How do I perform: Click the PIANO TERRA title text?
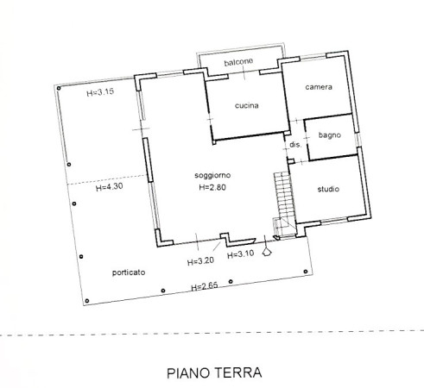[214, 372]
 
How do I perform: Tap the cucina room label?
[247, 105]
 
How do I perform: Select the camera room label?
[319, 87]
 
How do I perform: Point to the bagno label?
[330, 135]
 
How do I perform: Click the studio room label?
[328, 189]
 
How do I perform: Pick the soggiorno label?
[212, 175]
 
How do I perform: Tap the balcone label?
[238, 62]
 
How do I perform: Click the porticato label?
[129, 272]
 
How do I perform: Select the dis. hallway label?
[295, 145]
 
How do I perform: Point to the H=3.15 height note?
[100, 92]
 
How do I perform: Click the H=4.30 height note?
[110, 187]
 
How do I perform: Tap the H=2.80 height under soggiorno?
[212, 187]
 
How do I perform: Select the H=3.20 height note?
[200, 261]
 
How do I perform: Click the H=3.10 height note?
[241, 254]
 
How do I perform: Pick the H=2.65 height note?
[205, 286]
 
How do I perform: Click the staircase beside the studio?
[284, 205]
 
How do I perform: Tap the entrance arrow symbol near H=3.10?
[267, 252]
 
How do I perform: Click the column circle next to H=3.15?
[59, 88]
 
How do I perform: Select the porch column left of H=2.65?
[163, 291]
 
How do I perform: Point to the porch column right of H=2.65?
[231, 282]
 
